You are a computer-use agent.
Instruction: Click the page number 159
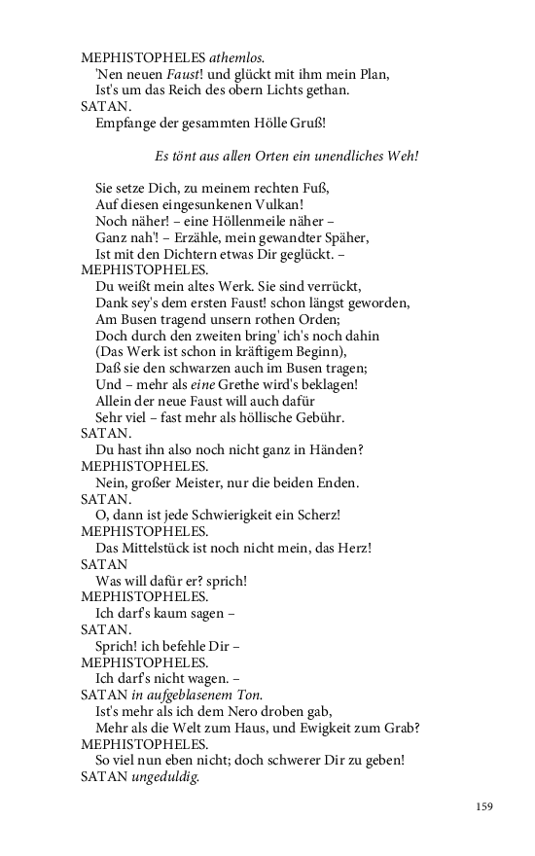[485, 805]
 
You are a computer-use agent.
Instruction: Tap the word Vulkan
[280, 204]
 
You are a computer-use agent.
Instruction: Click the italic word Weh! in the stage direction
[403, 155]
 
